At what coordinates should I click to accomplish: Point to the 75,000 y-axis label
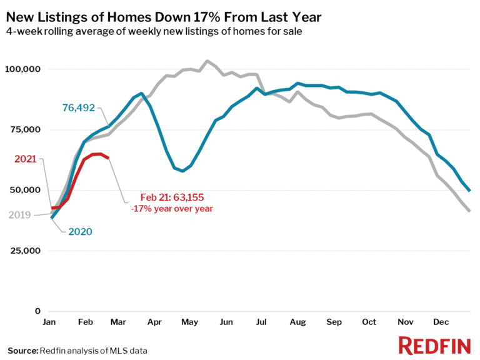(x=27, y=130)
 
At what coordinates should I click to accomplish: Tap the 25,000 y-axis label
(x=27, y=251)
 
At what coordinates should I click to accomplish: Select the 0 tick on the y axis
(x=37, y=311)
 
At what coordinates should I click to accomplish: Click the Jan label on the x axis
(x=51, y=322)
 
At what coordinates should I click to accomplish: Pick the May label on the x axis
(x=189, y=322)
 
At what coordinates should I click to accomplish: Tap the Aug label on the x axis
(x=297, y=322)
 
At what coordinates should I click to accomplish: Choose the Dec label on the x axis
(x=441, y=322)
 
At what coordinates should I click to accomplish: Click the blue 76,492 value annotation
(x=78, y=108)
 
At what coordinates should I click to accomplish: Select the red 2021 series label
(x=26, y=159)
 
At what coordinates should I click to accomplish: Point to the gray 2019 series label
(x=21, y=215)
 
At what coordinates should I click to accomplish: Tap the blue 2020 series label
(x=79, y=232)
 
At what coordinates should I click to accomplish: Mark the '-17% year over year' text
(x=172, y=208)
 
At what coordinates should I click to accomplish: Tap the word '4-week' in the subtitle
(x=23, y=31)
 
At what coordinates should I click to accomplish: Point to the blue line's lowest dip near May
(x=182, y=171)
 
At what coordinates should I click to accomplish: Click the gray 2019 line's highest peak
(x=207, y=61)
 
